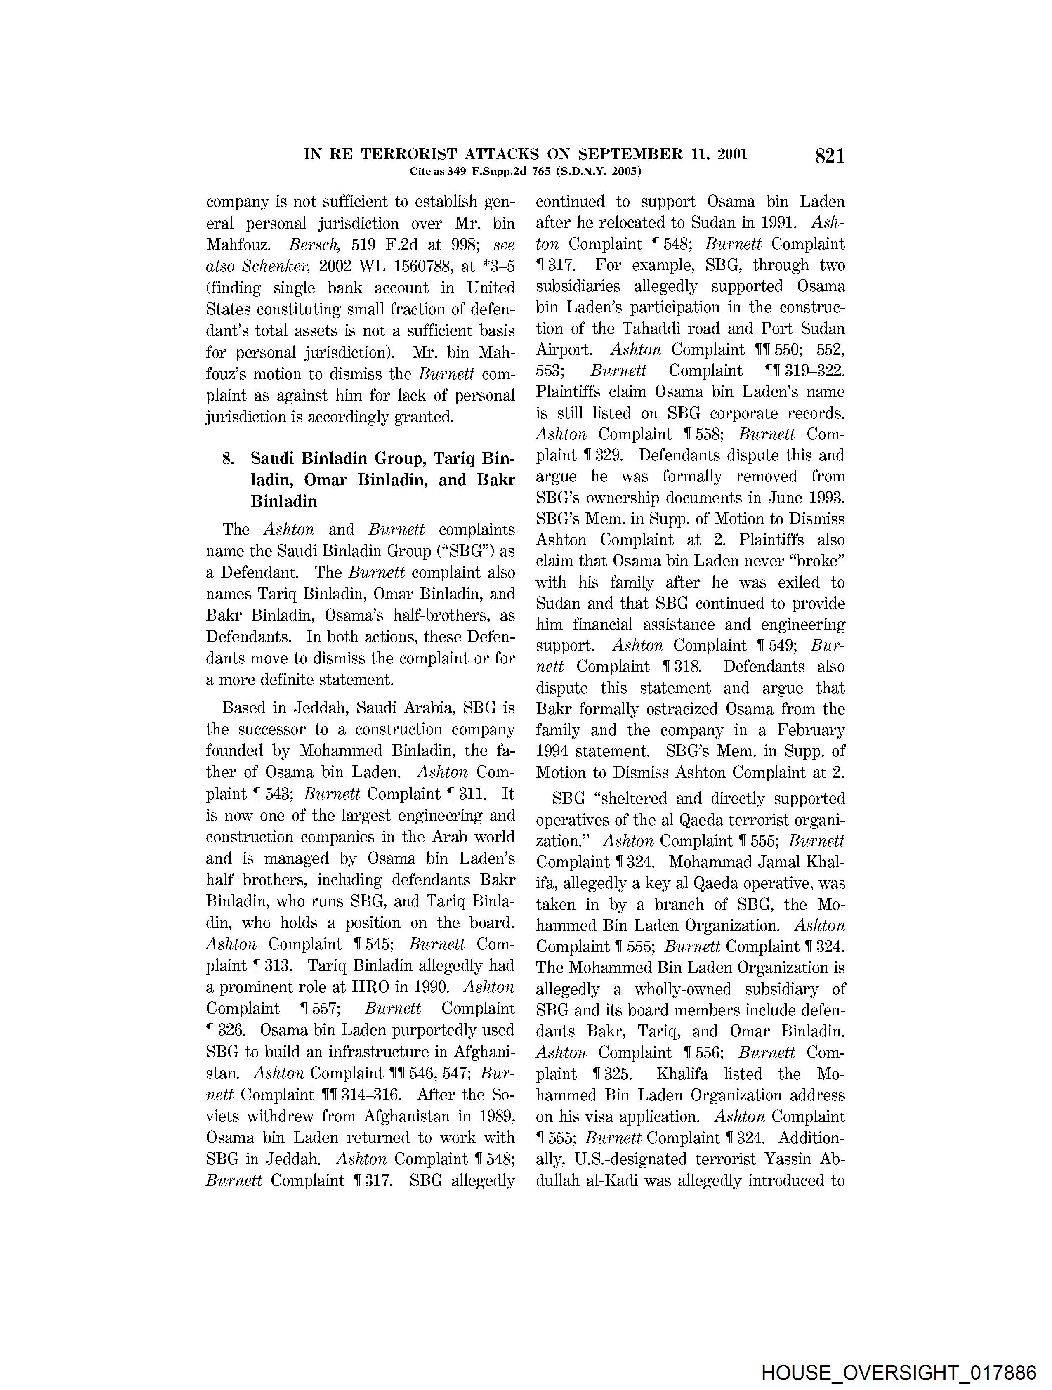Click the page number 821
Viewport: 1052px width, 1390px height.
coord(830,156)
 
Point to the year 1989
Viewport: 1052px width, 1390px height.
coord(495,1116)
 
